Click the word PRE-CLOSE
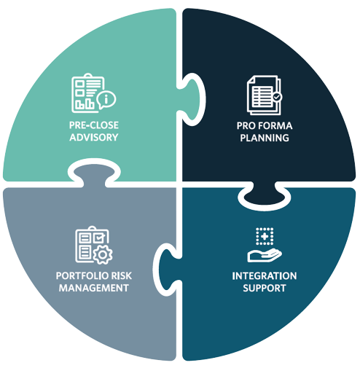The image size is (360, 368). pos(94,125)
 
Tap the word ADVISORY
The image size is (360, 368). pos(94,138)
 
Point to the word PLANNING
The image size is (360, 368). pos(265,138)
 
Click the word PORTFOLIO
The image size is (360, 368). pos(79,275)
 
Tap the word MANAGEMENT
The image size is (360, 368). pos(94,288)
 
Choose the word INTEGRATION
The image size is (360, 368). pos(265,276)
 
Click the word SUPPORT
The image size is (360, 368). pos(265,288)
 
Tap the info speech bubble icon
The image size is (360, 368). pos(106,100)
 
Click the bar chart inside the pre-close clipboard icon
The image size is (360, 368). pos(85,103)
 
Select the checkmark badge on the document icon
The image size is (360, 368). pos(277,97)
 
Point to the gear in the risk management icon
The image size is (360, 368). pos(103,255)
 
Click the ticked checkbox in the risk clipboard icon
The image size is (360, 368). pos(99,238)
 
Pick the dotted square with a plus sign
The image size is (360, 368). pos(265,236)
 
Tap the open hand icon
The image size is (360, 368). pos(265,255)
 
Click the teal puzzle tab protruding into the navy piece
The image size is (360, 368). pos(190,99)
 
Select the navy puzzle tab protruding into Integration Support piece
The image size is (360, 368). pos(265,195)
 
